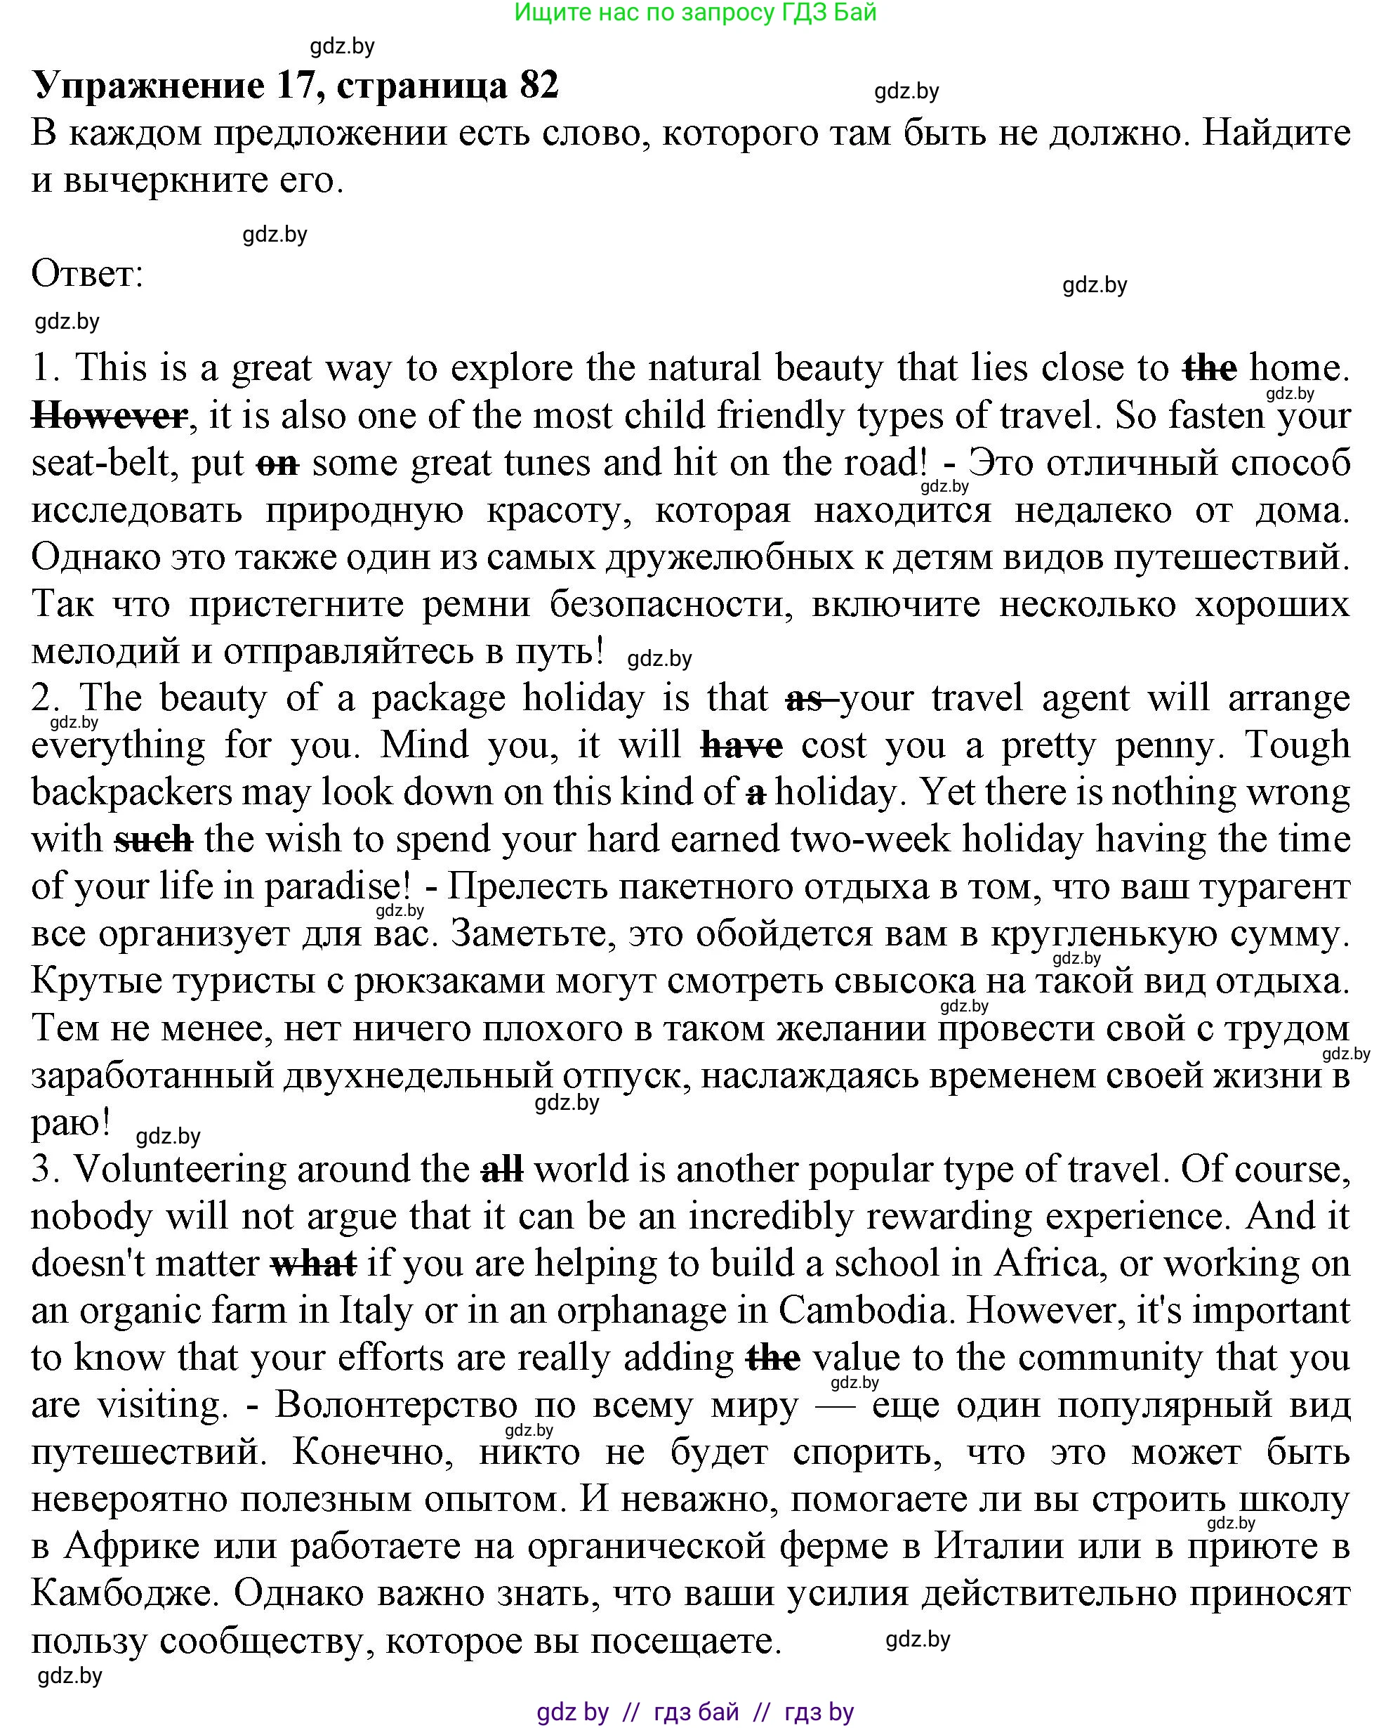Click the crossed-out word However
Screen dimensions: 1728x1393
tap(109, 416)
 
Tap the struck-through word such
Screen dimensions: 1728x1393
tap(153, 839)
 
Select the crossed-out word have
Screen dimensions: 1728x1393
tap(741, 745)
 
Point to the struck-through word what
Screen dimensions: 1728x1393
tap(314, 1263)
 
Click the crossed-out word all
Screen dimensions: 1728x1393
tap(502, 1170)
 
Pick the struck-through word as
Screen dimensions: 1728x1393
tap(805, 698)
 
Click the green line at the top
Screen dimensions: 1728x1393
tap(695, 12)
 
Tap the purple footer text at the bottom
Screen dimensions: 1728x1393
tap(695, 1712)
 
